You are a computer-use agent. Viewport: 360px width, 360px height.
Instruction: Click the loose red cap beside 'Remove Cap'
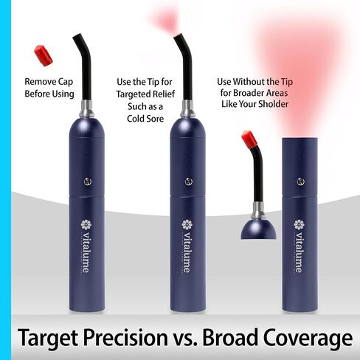click(44, 55)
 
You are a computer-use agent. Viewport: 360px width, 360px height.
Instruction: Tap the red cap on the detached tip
click(249, 138)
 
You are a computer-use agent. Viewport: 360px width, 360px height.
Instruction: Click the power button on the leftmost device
click(88, 181)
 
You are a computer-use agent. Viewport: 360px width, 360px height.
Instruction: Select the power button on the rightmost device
click(300, 181)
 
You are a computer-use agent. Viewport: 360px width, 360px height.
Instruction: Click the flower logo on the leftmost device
click(86, 224)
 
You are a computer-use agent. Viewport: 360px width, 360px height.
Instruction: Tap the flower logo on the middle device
click(187, 224)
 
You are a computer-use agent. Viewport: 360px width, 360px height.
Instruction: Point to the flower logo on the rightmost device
click(299, 224)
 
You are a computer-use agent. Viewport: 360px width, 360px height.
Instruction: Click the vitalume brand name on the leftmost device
click(86, 252)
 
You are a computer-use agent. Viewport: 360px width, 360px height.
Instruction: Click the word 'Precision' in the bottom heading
click(125, 338)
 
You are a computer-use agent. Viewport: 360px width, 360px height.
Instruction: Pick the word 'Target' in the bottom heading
click(49, 338)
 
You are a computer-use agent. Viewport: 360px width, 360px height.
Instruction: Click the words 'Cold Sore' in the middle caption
click(145, 119)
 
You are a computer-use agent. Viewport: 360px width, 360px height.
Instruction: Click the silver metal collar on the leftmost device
click(86, 108)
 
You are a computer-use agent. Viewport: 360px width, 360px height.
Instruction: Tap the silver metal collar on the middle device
click(187, 108)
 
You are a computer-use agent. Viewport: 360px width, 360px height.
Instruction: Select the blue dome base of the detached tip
click(258, 229)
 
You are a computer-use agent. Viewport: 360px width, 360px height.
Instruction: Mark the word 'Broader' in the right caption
click(248, 93)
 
